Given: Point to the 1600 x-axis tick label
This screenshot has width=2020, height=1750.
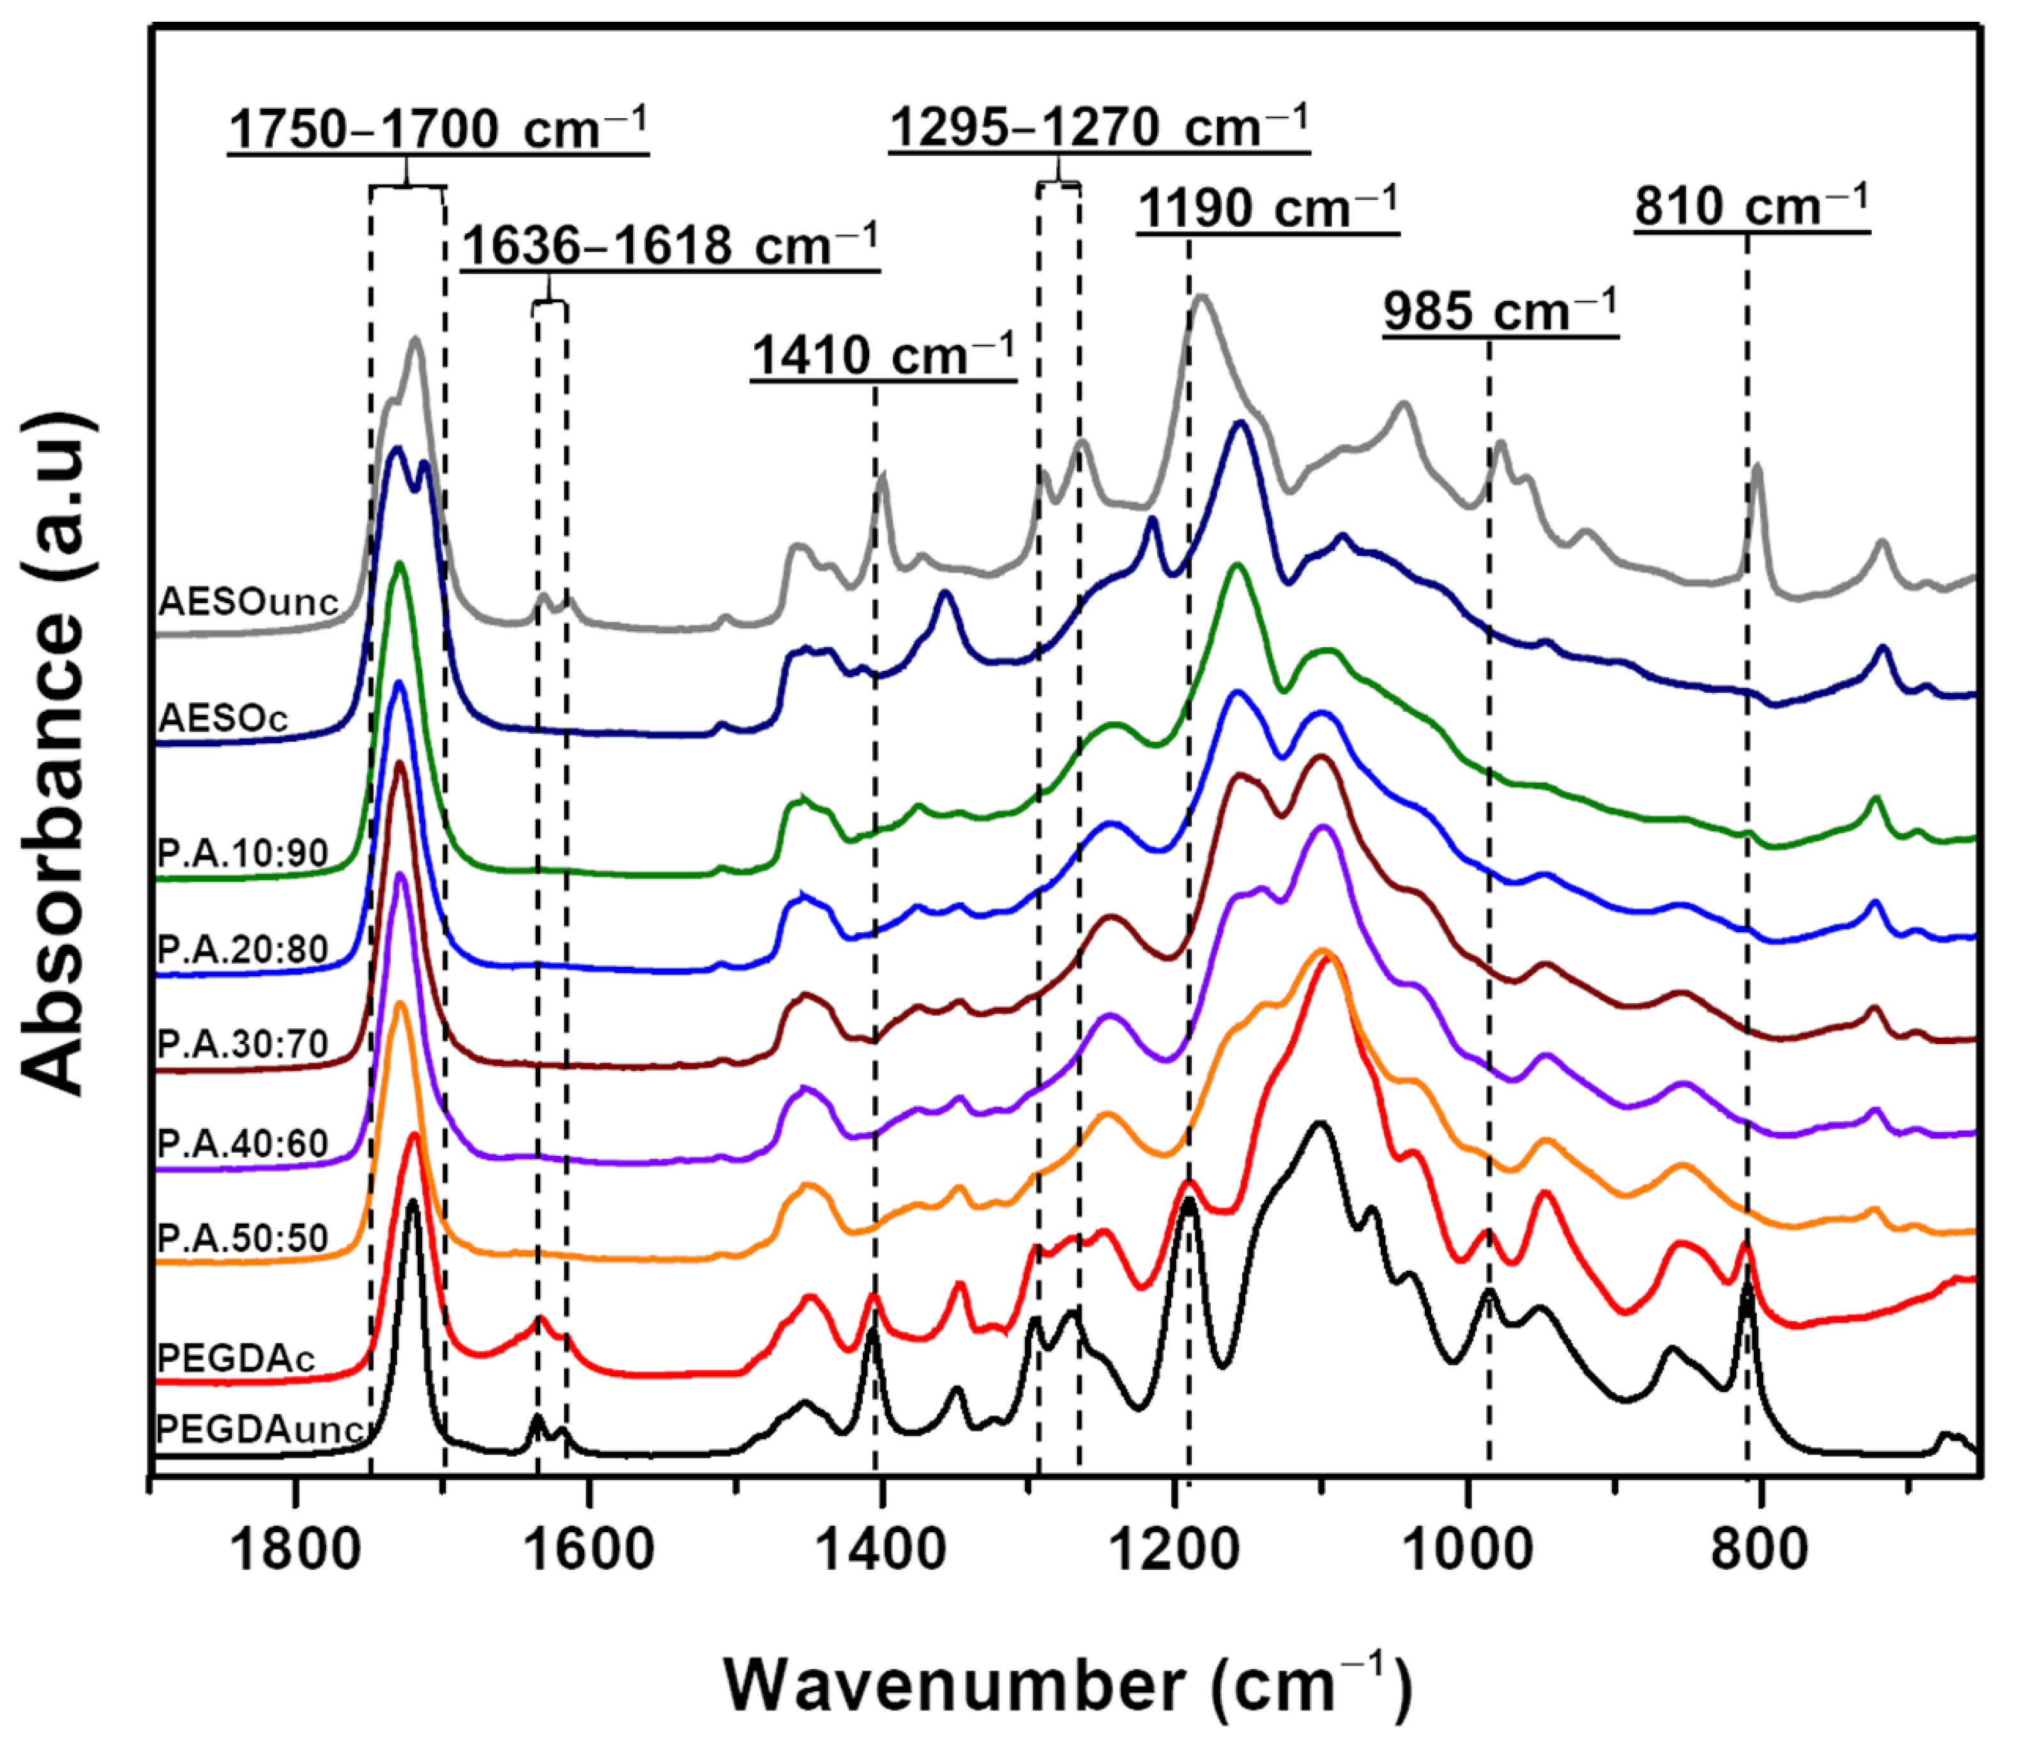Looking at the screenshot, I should coord(589,1550).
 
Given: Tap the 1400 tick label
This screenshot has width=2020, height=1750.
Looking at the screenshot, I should coord(881,1550).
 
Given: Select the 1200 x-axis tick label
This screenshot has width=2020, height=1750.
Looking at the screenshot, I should coord(1174,1550).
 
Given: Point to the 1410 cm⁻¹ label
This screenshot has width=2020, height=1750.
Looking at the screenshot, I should coord(884,355).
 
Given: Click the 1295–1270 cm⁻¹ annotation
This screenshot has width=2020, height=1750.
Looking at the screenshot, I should coord(1099,127).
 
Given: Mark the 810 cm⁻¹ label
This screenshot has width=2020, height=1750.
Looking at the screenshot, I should coord(1752,206).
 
